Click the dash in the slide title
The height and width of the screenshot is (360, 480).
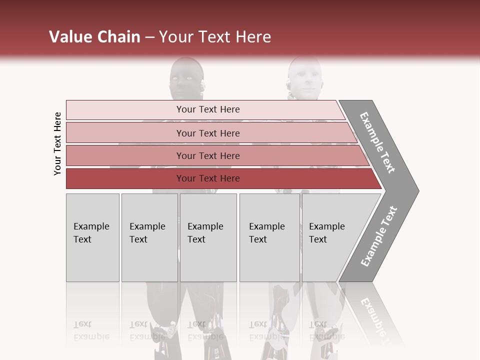pyautogui.click(x=149, y=37)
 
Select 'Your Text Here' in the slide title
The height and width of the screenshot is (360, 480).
pyautogui.click(x=215, y=37)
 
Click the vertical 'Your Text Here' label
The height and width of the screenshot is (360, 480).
pyautogui.click(x=57, y=144)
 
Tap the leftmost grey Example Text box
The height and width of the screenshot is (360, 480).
pyautogui.click(x=92, y=237)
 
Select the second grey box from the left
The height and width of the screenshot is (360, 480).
pyautogui.click(x=149, y=237)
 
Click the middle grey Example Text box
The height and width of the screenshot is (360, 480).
pyautogui.click(x=208, y=237)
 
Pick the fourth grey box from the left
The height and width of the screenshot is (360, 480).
pyautogui.click(x=269, y=237)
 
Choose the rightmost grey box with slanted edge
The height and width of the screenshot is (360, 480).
pyautogui.click(x=330, y=237)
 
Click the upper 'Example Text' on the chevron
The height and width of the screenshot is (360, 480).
pyautogui.click(x=377, y=142)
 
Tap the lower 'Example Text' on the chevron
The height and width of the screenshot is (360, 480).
pyautogui.click(x=379, y=236)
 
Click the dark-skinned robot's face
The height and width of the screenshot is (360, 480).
pyautogui.click(x=185, y=80)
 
